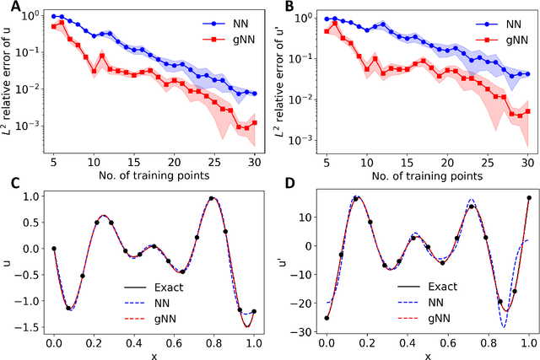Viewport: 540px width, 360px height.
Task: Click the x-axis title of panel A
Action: pos(154,176)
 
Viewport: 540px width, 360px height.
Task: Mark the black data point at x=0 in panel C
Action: pos(54,249)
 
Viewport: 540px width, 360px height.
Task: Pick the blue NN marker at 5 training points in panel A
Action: pos(54,16)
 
